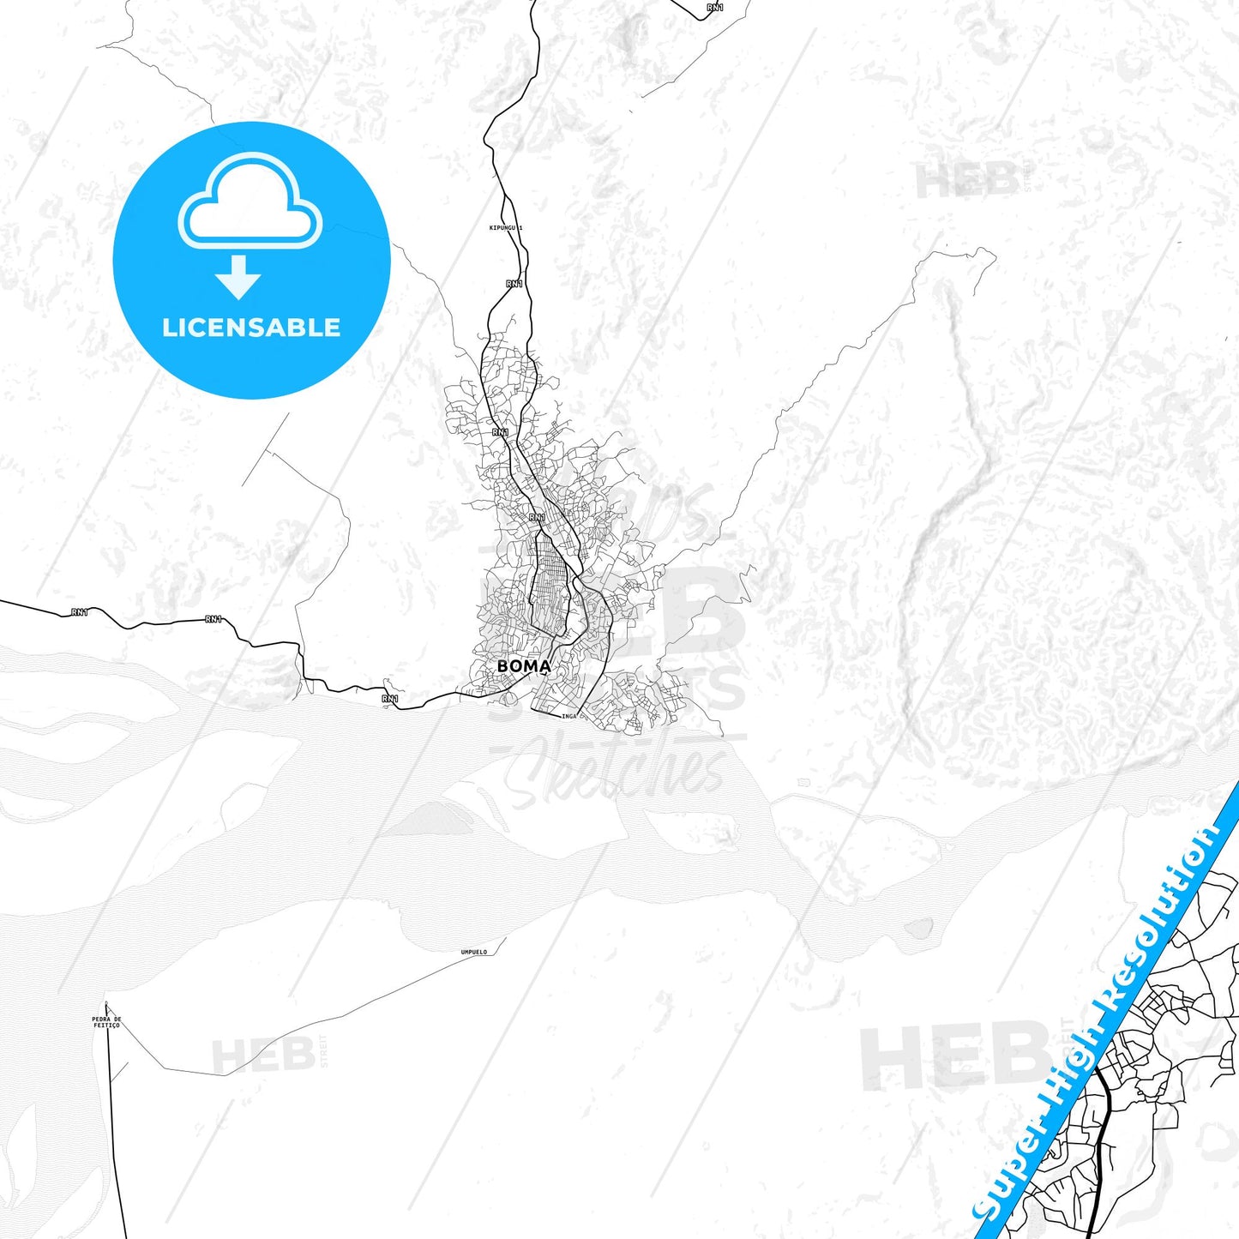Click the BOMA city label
tap(523, 666)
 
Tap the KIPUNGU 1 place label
tap(505, 228)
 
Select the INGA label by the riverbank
tap(569, 716)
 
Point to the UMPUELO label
tap(473, 952)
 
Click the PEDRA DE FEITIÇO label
tap(106, 1022)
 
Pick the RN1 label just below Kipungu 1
tap(514, 284)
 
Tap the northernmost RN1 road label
tap(715, 8)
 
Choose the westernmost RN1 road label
tap(80, 612)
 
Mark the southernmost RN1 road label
tap(390, 700)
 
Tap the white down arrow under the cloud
tap(238, 277)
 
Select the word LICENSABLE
tap(251, 328)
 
